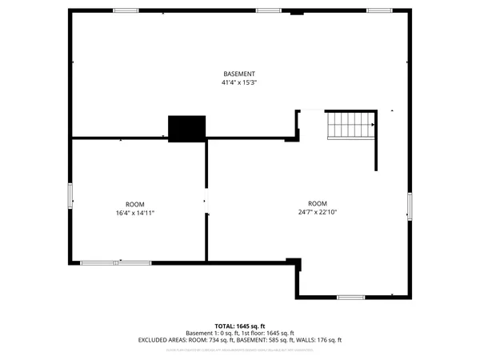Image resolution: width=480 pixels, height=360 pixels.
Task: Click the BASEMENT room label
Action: point(239,74)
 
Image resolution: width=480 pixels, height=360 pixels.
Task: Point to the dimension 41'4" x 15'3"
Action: point(239,82)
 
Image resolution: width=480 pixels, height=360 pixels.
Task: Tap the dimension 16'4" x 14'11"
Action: point(134,212)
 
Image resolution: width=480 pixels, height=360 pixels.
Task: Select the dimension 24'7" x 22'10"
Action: point(318,212)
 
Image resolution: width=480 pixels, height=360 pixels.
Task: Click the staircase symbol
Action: point(350,126)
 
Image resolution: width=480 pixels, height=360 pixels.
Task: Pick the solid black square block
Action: point(187,128)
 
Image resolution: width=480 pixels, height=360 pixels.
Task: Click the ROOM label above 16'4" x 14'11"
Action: point(134,203)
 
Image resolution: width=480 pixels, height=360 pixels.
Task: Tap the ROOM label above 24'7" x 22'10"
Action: point(318,203)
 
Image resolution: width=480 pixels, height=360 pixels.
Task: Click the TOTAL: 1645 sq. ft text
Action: point(240,326)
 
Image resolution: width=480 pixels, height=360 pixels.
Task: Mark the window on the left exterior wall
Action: point(70,196)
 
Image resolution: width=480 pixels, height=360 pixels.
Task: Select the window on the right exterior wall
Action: point(409,206)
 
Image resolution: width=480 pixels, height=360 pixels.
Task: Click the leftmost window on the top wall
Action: point(125,10)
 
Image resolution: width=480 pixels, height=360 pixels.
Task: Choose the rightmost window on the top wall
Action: point(378,10)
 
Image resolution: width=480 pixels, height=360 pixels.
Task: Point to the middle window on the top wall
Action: point(267,10)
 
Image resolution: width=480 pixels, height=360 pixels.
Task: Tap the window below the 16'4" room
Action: point(115,262)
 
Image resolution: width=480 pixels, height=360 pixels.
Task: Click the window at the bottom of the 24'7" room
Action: point(350,298)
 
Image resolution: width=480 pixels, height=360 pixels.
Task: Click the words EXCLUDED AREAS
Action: point(162,340)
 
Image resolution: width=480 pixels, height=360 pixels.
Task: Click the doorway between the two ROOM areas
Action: point(206,205)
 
